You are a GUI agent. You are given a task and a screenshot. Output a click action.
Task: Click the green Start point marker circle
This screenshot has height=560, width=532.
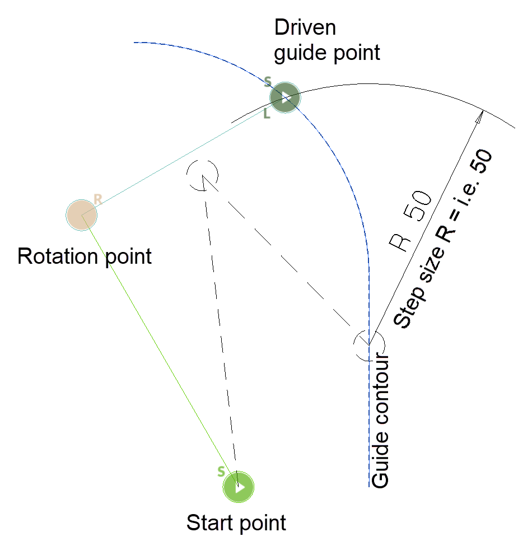click(x=239, y=487)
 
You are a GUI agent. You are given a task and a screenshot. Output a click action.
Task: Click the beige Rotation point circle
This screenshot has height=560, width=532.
click(x=82, y=214)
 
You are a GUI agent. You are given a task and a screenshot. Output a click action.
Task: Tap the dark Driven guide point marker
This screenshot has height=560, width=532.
click(x=286, y=99)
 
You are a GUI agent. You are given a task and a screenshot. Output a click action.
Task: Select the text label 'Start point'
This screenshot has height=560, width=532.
click(x=236, y=523)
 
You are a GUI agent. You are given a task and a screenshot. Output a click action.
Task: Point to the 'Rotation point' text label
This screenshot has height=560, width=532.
click(x=85, y=256)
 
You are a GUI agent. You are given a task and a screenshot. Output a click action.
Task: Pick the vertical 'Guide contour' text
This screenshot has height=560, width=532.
click(x=380, y=420)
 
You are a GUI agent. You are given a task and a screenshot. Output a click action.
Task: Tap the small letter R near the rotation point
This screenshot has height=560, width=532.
click(x=97, y=199)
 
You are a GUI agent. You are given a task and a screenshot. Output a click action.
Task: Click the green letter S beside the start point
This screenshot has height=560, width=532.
click(x=221, y=472)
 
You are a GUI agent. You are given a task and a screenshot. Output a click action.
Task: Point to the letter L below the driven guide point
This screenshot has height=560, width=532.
click(x=267, y=114)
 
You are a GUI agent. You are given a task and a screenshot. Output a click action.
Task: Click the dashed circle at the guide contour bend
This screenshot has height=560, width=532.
click(x=369, y=344)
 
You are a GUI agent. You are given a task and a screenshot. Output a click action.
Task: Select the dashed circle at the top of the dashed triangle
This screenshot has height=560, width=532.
click(x=202, y=174)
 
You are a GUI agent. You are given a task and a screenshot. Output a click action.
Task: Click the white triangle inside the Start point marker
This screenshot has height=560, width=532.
click(x=240, y=487)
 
